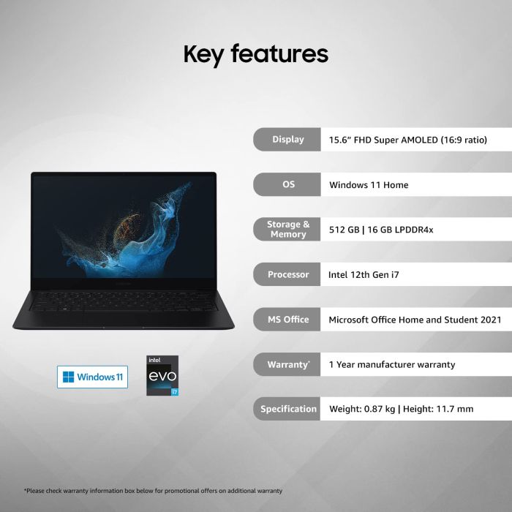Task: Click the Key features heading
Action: [x=255, y=54]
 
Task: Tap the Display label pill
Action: [x=287, y=140]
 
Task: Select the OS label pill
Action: [x=288, y=185]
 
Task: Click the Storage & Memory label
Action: [x=287, y=230]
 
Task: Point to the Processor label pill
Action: [x=287, y=275]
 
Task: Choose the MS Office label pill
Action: [x=287, y=320]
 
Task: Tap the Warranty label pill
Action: [x=287, y=364]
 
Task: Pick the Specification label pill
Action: [x=288, y=409]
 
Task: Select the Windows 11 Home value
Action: [x=369, y=185]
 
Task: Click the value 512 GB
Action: [x=345, y=230]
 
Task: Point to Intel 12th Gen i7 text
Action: [x=364, y=275]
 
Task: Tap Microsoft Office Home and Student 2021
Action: [x=415, y=320]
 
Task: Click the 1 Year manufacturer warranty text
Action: [x=392, y=364]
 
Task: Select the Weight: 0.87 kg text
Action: [x=361, y=409]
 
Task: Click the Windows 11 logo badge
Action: [x=92, y=377]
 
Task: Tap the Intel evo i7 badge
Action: [x=162, y=375]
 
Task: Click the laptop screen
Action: [x=124, y=225]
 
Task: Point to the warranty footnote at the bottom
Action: [x=153, y=491]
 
